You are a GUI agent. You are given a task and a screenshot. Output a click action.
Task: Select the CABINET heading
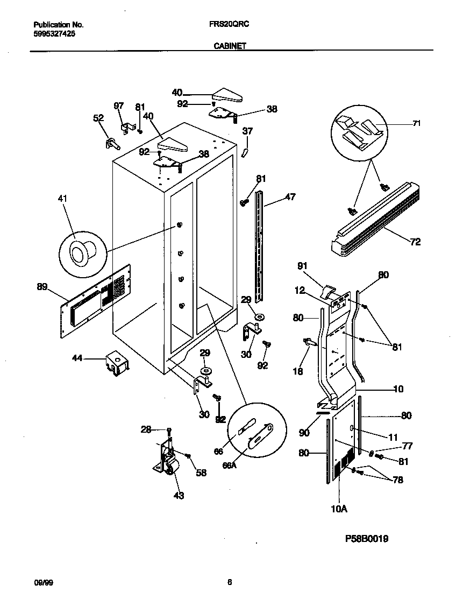pos(230,46)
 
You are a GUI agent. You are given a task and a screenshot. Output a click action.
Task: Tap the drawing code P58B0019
pos(367,538)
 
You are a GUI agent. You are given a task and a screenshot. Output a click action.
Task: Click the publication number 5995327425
pos(54,33)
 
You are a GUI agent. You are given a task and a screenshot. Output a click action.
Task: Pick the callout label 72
pos(415,242)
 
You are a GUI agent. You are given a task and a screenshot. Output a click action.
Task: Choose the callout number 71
pos(416,124)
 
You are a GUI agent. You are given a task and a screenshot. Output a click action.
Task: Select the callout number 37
pos(247,131)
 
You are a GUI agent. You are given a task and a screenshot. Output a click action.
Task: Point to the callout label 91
pos(303,265)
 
